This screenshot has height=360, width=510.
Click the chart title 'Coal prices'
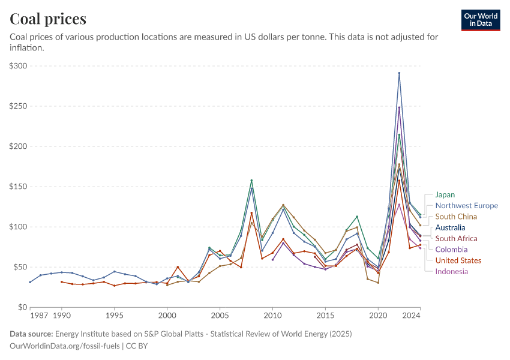pyautogui.click(x=48, y=19)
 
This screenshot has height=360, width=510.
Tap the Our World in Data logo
pyautogui.click(x=481, y=20)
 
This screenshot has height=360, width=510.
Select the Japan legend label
pyautogui.click(x=445, y=194)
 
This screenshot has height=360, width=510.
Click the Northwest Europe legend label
pyautogui.click(x=466, y=205)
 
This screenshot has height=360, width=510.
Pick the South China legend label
pyautogui.click(x=456, y=217)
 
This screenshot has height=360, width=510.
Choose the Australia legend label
pyautogui.click(x=450, y=227)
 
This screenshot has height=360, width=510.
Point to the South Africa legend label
pyautogui.click(x=456, y=238)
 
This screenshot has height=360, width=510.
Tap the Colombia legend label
pyautogui.click(x=451, y=249)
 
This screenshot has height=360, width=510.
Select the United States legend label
pyautogui.click(x=458, y=260)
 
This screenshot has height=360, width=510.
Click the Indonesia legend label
pyautogui.click(x=452, y=271)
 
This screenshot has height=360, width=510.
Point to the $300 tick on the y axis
pyautogui.click(x=19, y=66)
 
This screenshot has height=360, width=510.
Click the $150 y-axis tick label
pyautogui.click(x=19, y=187)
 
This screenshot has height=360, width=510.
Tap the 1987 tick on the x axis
pyautogui.click(x=40, y=315)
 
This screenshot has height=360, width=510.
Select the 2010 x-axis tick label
pyautogui.click(x=272, y=315)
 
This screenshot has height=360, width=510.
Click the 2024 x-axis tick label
pyautogui.click(x=411, y=315)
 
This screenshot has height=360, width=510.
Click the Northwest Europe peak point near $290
pyautogui.click(x=399, y=73)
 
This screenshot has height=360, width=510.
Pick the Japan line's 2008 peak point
pyautogui.click(x=251, y=180)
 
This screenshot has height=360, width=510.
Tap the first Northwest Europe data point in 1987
pyautogui.click(x=30, y=282)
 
